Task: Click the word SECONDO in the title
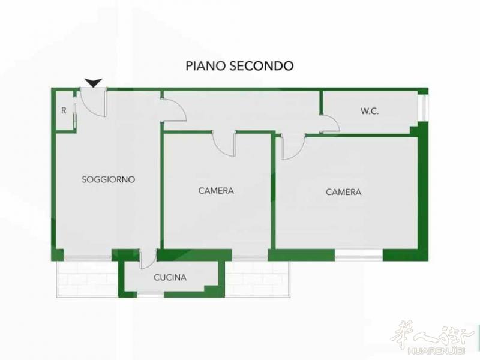pos(262,66)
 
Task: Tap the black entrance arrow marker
pos(94,83)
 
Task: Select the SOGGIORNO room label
pos(109,179)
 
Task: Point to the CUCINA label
pos(170,277)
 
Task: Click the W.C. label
pos(370,111)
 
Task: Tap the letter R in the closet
pos(64,110)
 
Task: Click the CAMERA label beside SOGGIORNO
pos(216,191)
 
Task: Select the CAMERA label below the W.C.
pos(343,192)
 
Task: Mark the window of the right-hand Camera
pos(359,256)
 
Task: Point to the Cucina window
pos(151,295)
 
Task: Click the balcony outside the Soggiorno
pos(88,278)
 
